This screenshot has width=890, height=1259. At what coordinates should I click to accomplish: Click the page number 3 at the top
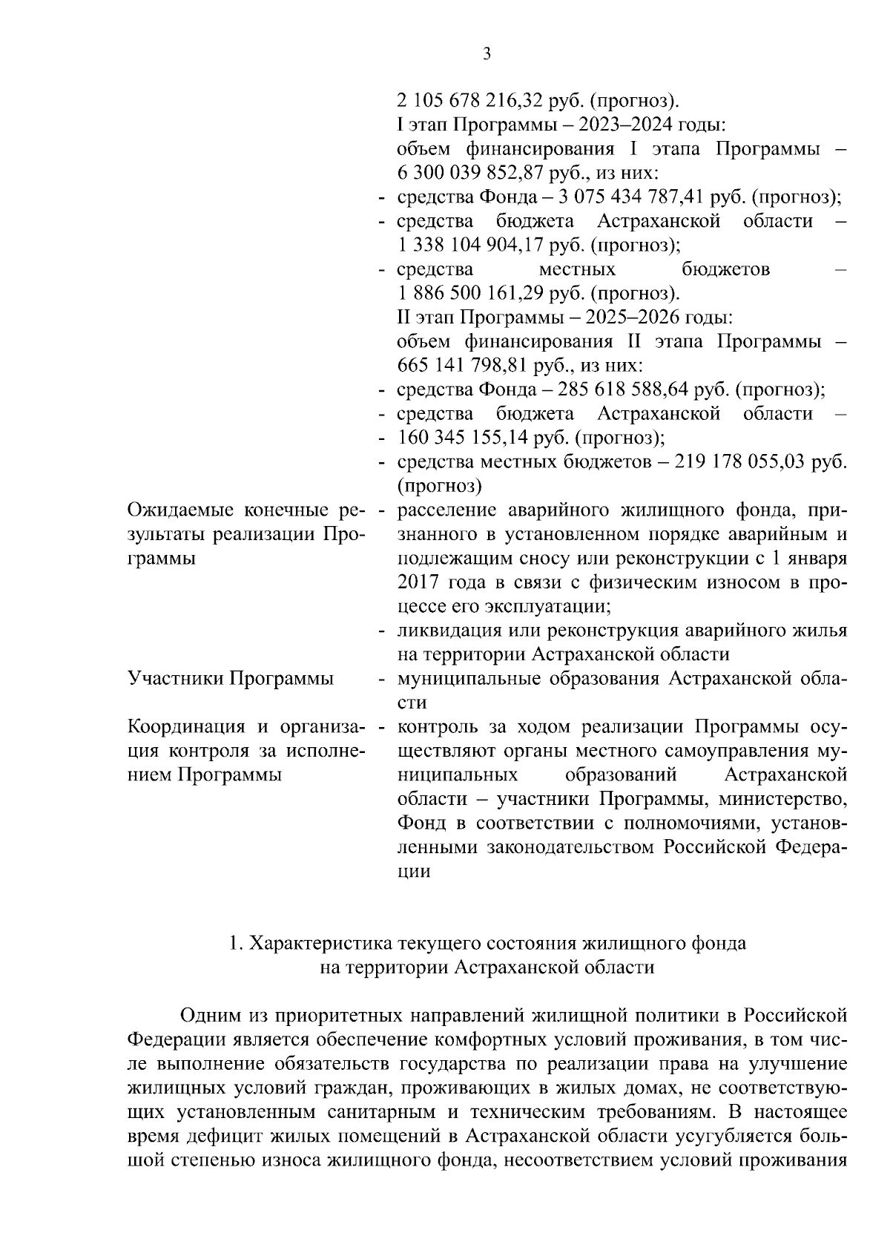point(486,53)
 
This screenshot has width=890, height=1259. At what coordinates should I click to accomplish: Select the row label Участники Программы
point(231,679)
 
